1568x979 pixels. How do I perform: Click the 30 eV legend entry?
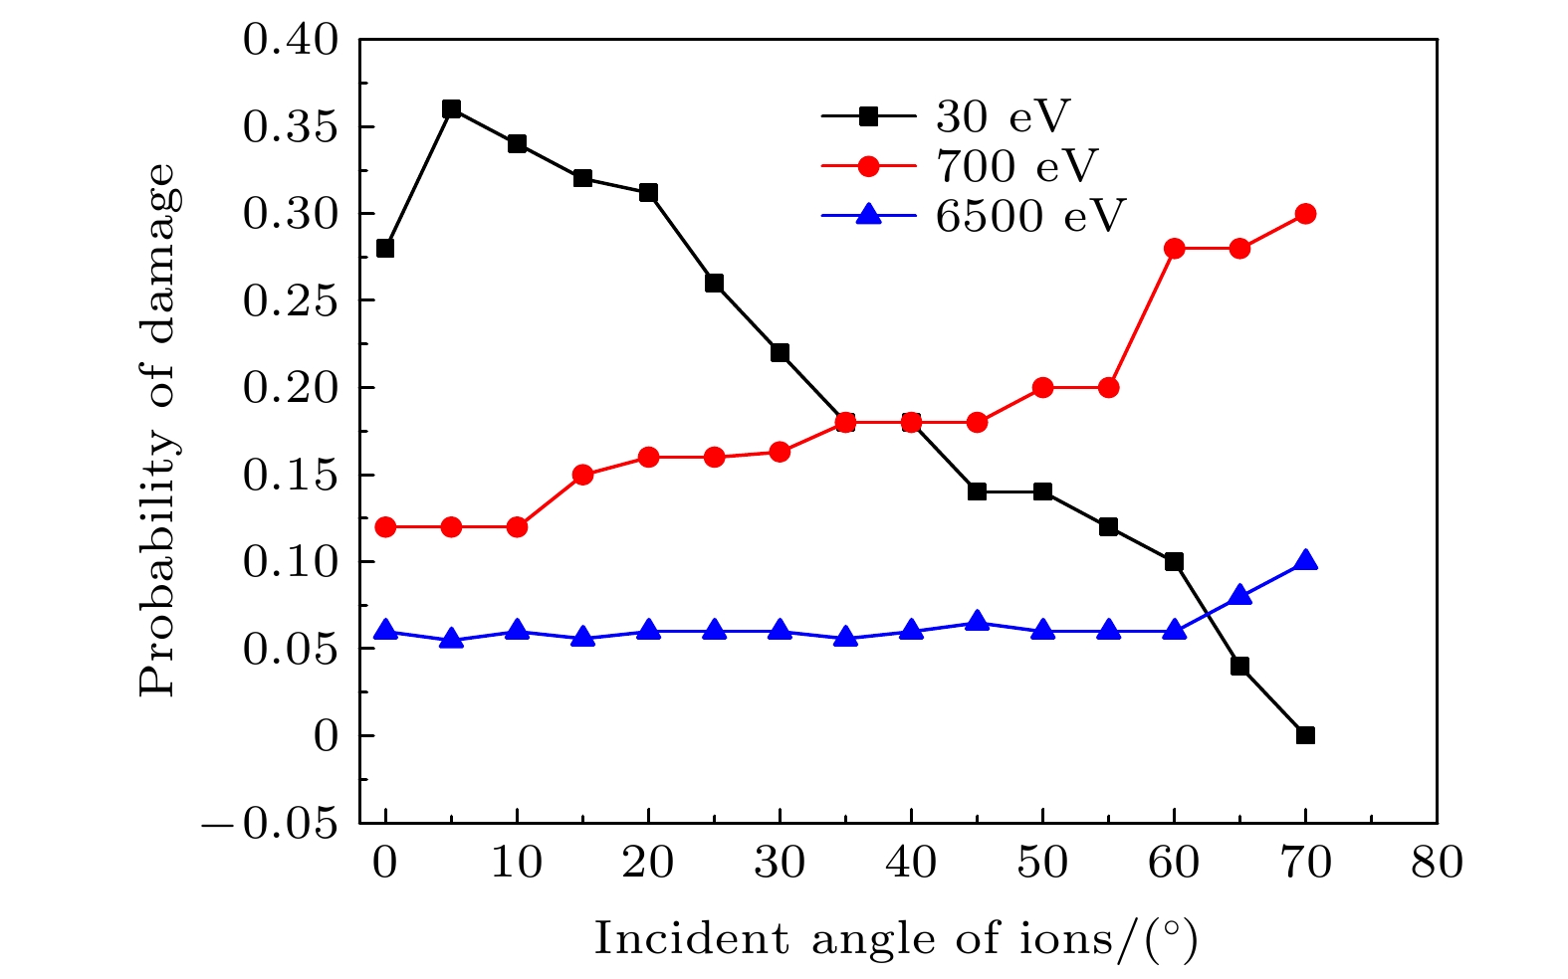(1001, 116)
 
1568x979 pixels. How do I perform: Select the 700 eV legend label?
(1016, 166)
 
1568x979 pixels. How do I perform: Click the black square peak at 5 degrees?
(451, 108)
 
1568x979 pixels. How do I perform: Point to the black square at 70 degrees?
(1305, 735)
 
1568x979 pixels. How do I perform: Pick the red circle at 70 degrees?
(1305, 213)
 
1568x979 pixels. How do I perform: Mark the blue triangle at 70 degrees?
(1305, 560)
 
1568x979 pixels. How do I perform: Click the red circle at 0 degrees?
(385, 526)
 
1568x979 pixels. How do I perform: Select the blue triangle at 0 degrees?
(385, 630)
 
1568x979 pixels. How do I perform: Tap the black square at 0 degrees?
(385, 248)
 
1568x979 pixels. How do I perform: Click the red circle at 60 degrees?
(1174, 248)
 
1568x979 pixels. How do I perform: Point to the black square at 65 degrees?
(1239, 666)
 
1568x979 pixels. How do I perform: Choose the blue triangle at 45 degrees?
(977, 621)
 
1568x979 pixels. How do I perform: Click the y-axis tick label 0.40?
(290, 41)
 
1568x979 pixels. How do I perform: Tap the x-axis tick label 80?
(1437, 863)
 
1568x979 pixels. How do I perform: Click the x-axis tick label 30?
(780, 863)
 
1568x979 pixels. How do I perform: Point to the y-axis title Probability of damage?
(158, 430)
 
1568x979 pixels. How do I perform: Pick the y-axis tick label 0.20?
(290, 388)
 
